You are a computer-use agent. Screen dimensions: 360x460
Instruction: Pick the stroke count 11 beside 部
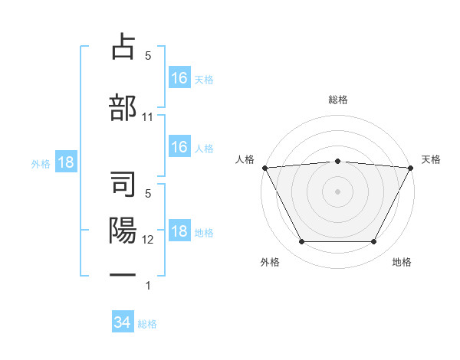pyautogui.click(x=148, y=117)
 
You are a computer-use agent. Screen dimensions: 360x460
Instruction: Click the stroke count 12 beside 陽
pyautogui.click(x=148, y=240)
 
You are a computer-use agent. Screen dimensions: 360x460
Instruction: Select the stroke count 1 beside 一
pyautogui.click(x=148, y=286)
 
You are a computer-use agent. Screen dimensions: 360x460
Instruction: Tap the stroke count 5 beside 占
pyautogui.click(x=148, y=56)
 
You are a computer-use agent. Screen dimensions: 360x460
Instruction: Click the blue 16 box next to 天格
pyautogui.click(x=179, y=77)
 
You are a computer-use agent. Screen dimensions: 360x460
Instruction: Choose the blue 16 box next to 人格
pyautogui.click(x=179, y=147)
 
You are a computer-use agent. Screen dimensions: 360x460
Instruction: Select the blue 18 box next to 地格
pyautogui.click(x=179, y=232)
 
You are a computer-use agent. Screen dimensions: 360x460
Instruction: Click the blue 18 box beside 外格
pyautogui.click(x=65, y=162)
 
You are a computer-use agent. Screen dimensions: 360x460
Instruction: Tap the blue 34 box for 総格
pyautogui.click(x=122, y=322)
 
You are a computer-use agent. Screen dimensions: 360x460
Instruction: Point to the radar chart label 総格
pyautogui.click(x=337, y=100)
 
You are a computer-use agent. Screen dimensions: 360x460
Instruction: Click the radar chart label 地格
pyautogui.click(x=402, y=262)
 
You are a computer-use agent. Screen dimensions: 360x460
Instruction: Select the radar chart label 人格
pyautogui.click(x=245, y=159)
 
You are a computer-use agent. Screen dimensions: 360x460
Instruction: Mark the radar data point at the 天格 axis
pyautogui.click(x=411, y=167)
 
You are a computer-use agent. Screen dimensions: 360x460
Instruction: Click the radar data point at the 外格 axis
pyautogui.click(x=301, y=242)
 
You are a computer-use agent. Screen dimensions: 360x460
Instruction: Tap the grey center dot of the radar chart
pyautogui.click(x=337, y=191)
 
